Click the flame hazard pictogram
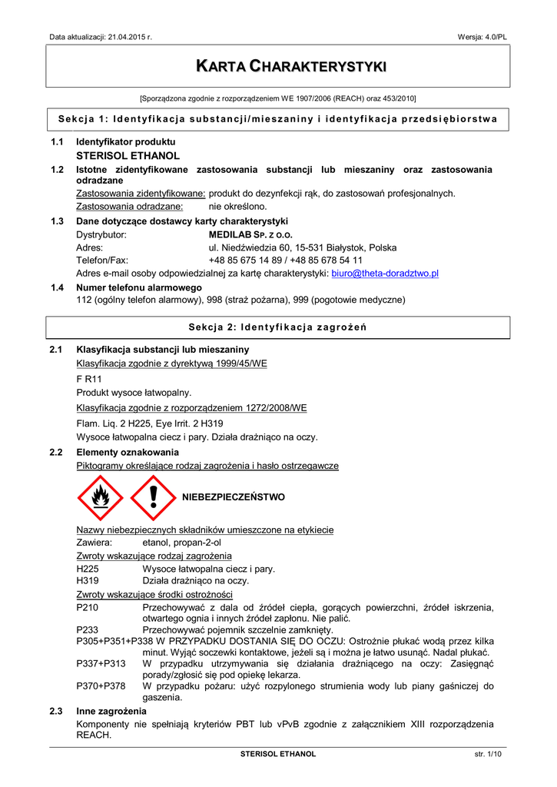pos(100,497)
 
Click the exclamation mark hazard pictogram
pos(153,497)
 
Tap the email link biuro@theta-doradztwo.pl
pos(384,273)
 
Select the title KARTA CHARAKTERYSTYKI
pos(278,66)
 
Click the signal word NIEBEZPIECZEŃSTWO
pos(234,497)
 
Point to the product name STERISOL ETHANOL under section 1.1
pos(128,155)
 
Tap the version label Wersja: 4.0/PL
pos(482,37)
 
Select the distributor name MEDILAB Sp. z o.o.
pos(250,234)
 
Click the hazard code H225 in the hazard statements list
pos(88,569)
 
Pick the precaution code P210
pos(88,607)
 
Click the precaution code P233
pos(88,629)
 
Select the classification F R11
pos(89,379)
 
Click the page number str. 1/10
pos(488,754)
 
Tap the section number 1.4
pos(56,287)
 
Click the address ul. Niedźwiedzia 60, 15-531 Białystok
pos(303,247)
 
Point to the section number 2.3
pos(56,712)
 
